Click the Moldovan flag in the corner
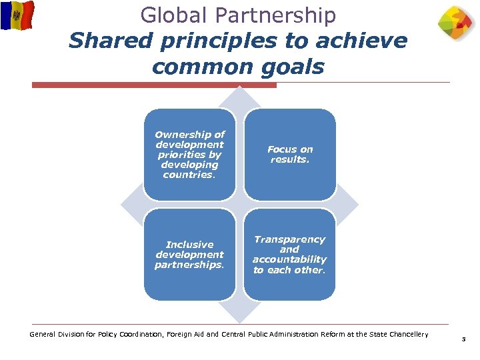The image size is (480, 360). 17,15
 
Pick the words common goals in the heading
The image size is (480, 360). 238,67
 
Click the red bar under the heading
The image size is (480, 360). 154,85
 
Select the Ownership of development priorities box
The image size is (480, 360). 189,154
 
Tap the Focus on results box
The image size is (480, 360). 290,154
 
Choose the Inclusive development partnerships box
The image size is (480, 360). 189,255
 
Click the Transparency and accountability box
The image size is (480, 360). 290,255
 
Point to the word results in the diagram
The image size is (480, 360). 289,160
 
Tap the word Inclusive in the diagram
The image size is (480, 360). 189,245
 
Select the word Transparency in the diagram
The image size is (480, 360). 289,239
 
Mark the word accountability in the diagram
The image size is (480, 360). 289,259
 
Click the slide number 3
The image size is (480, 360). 463,340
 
